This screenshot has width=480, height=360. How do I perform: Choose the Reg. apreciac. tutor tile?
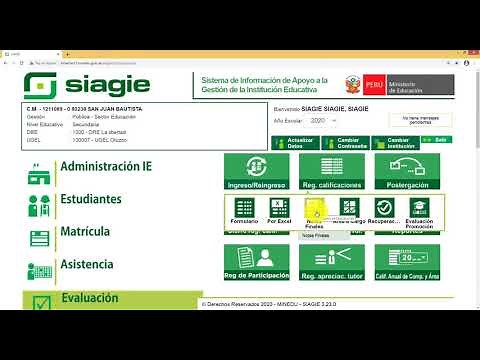coord(333,262)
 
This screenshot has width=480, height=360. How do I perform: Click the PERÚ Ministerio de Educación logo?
coord(399,83)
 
